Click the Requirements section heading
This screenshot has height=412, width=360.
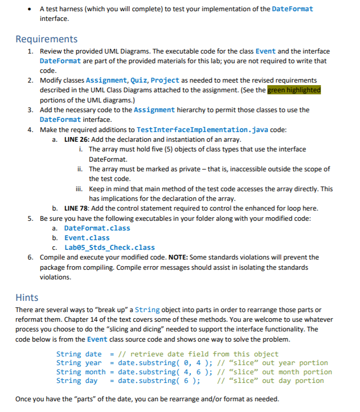pos(46,39)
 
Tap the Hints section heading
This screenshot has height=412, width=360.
pos(27,297)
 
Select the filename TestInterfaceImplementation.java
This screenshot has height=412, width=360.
pos(193,130)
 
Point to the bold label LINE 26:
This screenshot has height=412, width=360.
pos(78,139)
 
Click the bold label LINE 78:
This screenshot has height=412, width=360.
pos(78,208)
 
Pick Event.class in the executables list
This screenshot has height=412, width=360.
pos(87,238)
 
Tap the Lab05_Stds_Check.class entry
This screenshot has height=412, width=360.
pos(109,248)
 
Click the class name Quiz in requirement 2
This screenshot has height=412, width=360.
pos(139,81)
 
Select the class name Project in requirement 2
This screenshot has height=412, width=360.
pos(165,81)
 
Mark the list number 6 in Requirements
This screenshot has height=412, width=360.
pos(30,257)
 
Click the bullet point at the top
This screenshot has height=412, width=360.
pos(32,9)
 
